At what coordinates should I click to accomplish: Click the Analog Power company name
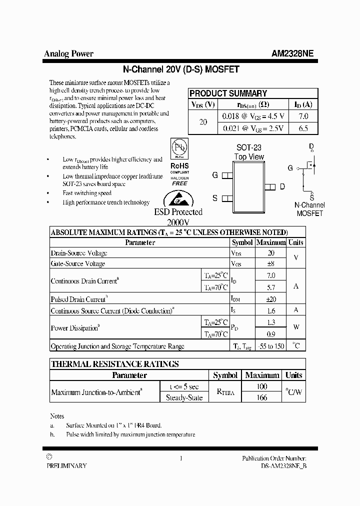(68, 54)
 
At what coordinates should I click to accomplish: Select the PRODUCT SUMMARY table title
(228, 93)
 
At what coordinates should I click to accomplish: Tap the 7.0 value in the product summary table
(303, 116)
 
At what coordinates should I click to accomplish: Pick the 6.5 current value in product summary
(303, 128)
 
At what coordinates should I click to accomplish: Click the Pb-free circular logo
(179, 148)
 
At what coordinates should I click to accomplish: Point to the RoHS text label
(179, 165)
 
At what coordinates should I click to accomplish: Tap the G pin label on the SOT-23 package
(215, 175)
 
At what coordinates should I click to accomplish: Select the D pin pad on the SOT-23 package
(270, 186)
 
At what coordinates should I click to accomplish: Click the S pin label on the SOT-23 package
(215, 198)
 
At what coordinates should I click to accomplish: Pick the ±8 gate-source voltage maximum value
(271, 263)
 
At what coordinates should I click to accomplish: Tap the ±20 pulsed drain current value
(271, 298)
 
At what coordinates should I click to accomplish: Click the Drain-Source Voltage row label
(79, 253)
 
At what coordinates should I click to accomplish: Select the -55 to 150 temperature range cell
(271, 346)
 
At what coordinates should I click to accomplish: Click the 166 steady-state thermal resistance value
(262, 397)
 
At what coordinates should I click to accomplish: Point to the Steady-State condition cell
(184, 397)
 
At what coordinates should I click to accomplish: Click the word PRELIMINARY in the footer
(66, 465)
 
